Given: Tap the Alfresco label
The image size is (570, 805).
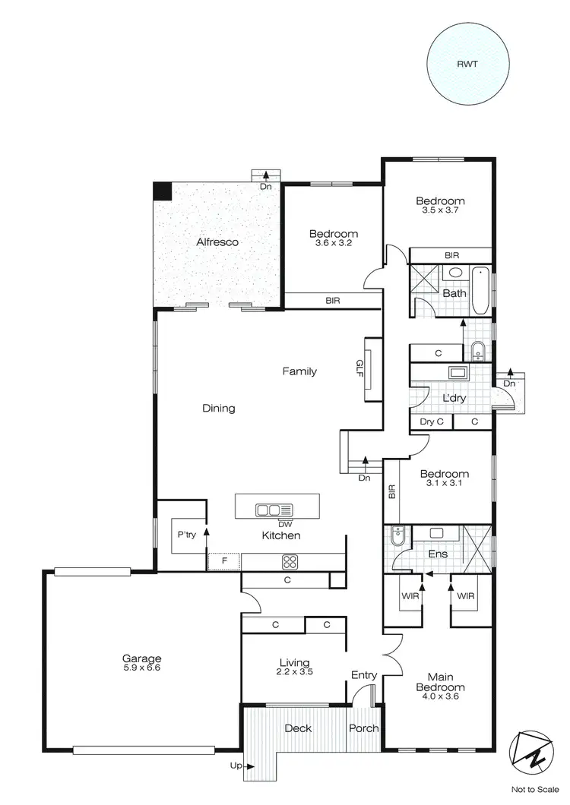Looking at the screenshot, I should pos(217,242).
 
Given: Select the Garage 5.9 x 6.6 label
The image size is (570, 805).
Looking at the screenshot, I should pos(142,663).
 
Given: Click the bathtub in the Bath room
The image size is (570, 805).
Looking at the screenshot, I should pos(482,292).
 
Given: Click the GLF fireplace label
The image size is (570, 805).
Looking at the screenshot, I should pos(362,369).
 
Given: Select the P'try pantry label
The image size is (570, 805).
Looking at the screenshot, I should pos(186,535).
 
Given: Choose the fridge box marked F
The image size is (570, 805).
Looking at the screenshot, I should pos(223,562).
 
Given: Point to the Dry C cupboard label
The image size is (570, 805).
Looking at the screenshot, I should pos(431,422).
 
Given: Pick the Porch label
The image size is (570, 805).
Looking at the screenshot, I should pos(364,728).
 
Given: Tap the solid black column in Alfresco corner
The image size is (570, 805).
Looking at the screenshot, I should pos(162,191).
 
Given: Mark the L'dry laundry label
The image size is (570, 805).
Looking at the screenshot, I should pos(454,398).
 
